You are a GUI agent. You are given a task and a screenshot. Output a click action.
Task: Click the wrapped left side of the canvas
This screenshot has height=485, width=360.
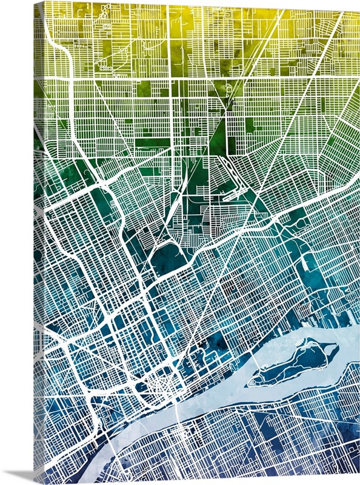pos(38,242)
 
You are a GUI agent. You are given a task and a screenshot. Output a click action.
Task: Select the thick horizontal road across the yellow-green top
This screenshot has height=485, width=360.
pos(200,79)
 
